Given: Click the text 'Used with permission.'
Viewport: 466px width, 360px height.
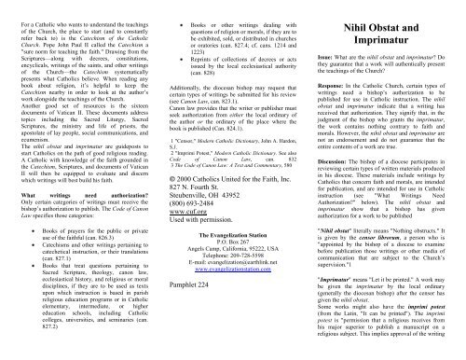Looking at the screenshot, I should click(x=203, y=272).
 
